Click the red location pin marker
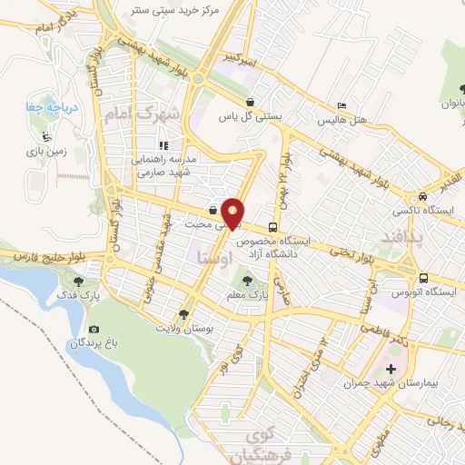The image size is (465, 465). (233, 215)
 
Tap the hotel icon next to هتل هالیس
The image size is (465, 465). (341, 106)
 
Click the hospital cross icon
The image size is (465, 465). (391, 369)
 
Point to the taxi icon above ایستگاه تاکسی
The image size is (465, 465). (422, 197)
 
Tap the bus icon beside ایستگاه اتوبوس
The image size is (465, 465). (424, 279)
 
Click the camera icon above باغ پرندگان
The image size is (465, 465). (94, 329)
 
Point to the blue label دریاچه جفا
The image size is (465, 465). (50, 106)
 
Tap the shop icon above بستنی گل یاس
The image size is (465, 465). (250, 103)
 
